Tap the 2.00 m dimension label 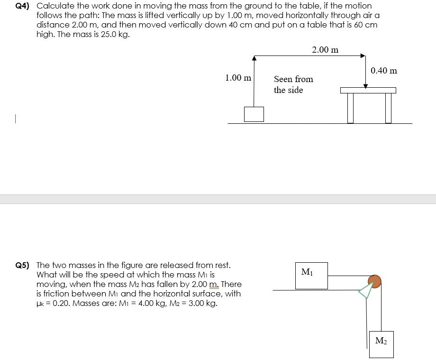click(325, 50)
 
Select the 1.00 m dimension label click(238, 77)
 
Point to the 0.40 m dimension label click(384, 71)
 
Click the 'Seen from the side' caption click(293, 84)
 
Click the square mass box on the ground click(254, 114)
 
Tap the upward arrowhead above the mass click(254, 58)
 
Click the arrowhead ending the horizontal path click(363, 55)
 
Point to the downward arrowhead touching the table click(365, 86)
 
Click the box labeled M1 click(311, 276)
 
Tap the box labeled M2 click(381, 344)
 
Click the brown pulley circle click(374, 281)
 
